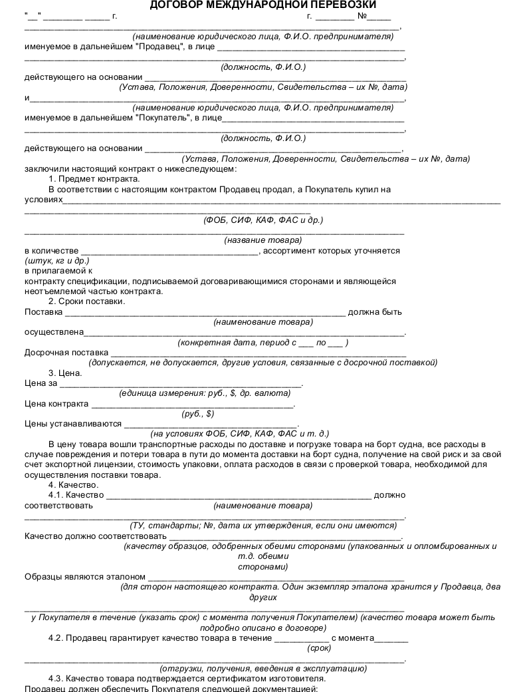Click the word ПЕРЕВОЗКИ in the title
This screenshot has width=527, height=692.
(340, 5)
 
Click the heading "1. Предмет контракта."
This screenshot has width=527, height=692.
(94, 178)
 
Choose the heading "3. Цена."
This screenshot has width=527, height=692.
(65, 373)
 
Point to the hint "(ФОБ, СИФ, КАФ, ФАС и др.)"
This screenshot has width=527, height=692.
(263, 220)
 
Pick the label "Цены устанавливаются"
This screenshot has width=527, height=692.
(72, 423)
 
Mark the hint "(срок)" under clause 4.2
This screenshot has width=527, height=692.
(319, 647)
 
